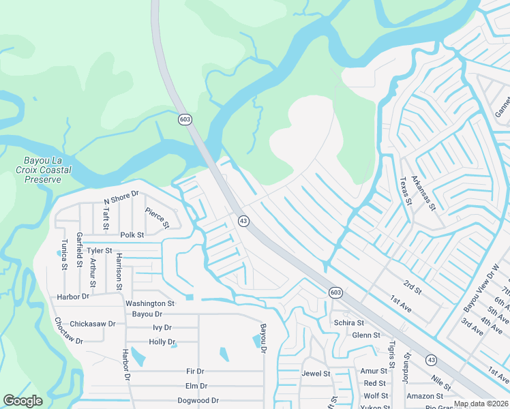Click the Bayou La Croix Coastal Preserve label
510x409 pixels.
pos(39,170)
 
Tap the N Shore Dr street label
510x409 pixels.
pos(121,198)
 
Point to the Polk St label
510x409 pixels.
pos(132,234)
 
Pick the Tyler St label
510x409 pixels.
pos(99,251)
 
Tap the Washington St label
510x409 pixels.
pos(150,303)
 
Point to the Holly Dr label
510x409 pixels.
pos(162,342)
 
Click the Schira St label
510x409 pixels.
pos(348,322)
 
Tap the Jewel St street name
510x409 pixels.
pos(316,374)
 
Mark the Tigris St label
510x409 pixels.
pos(392,354)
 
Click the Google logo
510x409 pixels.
pos(23,401)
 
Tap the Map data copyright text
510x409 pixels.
pos(481,404)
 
